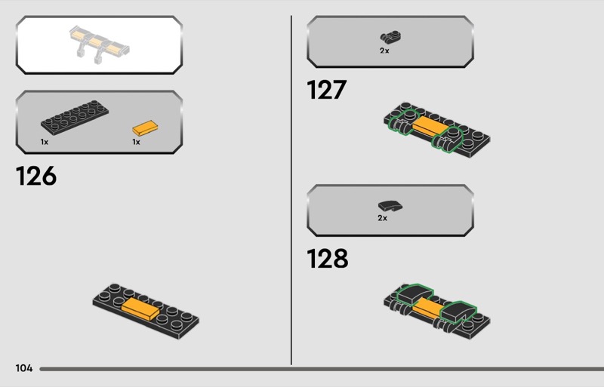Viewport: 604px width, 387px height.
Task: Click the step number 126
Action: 35,177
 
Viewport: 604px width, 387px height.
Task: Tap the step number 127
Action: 326,91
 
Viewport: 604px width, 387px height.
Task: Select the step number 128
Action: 327,259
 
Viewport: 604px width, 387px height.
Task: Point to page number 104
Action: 23,368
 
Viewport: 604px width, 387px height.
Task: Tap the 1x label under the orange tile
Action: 136,142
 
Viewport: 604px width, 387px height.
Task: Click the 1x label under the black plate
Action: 45,142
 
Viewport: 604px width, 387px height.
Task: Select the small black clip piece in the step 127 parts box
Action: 390,36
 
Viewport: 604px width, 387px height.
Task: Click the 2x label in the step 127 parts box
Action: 384,51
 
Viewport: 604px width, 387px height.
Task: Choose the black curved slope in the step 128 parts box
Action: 388,204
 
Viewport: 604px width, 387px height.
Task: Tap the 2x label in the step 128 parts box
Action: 382,218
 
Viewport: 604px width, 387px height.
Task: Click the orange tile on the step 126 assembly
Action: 140,306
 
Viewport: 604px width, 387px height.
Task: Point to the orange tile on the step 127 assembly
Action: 429,127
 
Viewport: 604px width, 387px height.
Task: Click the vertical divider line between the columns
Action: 291,189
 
